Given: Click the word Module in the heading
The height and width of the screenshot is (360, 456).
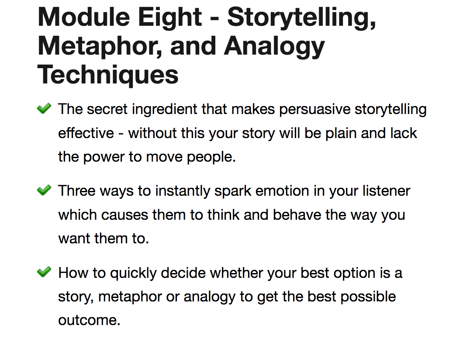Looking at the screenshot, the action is (x=84, y=17).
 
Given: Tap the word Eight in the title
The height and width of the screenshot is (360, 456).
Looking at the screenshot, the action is (x=170, y=18).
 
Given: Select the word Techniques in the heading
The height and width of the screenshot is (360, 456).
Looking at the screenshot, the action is (x=108, y=76).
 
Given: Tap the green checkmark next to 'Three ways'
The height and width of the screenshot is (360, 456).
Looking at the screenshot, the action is (x=44, y=190).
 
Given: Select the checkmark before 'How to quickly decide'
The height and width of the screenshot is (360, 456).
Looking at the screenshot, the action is (x=44, y=272).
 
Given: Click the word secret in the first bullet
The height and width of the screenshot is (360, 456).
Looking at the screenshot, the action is (x=107, y=109).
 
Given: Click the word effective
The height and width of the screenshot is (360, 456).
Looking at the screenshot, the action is (x=86, y=133).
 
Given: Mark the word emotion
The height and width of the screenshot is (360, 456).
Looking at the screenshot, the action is (x=282, y=191).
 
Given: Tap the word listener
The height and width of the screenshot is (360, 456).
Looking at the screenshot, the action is (x=386, y=191).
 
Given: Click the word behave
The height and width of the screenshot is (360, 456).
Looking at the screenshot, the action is (x=297, y=215).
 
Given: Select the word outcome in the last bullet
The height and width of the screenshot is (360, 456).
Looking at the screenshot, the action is (x=89, y=320).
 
